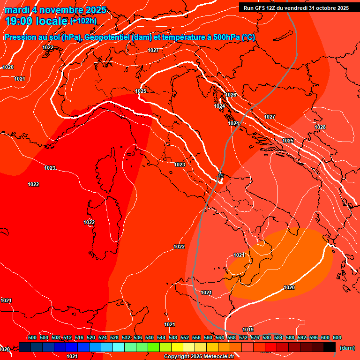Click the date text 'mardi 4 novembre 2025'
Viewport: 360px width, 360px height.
point(55,10)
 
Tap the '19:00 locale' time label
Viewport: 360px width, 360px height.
point(37,21)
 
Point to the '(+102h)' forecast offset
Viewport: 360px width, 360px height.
point(83,21)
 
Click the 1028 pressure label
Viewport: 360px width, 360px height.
point(320,127)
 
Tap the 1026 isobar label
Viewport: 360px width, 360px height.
point(231,95)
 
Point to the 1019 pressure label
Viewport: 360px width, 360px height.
point(248,330)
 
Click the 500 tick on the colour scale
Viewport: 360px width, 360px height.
point(32,337)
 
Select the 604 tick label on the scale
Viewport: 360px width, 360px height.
point(337,337)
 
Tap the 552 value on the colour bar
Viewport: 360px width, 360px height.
point(185,337)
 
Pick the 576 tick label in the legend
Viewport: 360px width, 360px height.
point(255,337)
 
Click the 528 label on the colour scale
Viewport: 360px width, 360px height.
point(114,337)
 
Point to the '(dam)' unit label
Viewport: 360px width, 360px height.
point(347,348)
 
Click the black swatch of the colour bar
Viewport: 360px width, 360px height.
point(330,347)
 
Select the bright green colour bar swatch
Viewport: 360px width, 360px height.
point(154,347)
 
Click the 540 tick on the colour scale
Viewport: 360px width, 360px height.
point(150,337)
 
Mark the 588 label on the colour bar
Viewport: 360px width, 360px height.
point(290,337)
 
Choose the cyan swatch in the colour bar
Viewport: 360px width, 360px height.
point(119,347)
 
